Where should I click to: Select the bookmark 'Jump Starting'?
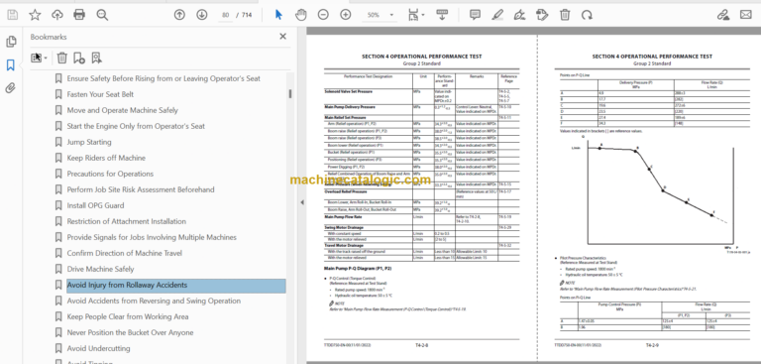coord(89,142)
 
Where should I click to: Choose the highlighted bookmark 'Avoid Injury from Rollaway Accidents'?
coord(127,285)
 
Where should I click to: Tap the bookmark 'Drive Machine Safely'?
coord(100,269)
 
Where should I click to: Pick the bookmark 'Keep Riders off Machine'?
coord(106,158)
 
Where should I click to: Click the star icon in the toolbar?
coord(35,15)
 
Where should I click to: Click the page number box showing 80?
coord(225,15)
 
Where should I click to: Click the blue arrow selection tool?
coord(277,15)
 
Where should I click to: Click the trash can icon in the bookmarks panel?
coord(62,59)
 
